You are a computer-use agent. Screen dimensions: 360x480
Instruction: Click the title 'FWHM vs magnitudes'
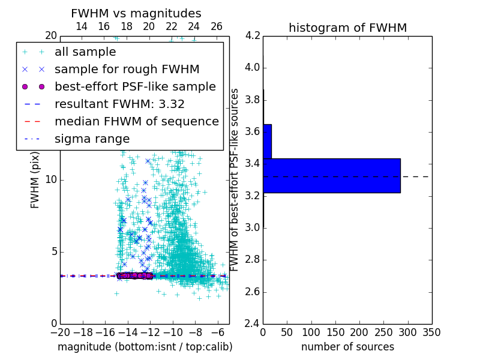click(136, 13)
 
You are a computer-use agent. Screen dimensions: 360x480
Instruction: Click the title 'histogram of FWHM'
click(347, 28)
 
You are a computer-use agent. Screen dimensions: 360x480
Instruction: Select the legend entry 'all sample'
click(85, 52)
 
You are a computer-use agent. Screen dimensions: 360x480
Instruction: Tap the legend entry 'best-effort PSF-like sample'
click(135, 86)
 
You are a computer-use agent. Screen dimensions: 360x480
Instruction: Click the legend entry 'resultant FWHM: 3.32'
click(119, 104)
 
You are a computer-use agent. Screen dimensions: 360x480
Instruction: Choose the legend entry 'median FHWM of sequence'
click(136, 121)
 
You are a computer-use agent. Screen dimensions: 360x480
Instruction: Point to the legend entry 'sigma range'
click(92, 139)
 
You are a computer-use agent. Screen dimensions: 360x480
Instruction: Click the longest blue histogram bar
click(331, 175)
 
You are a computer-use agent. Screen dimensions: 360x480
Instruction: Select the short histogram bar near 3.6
click(267, 141)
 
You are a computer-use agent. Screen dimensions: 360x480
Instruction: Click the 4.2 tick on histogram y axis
click(253, 35)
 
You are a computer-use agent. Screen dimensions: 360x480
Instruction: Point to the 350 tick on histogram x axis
click(432, 332)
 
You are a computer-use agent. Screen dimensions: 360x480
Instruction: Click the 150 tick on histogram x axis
click(335, 332)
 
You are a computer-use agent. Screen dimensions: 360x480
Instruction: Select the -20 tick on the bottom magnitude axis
click(60, 332)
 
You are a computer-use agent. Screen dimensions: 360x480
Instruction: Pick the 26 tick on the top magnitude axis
click(217, 26)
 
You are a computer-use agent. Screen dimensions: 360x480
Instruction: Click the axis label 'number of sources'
click(347, 347)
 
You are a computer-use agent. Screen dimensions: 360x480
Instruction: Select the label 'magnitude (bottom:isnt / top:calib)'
click(145, 347)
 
